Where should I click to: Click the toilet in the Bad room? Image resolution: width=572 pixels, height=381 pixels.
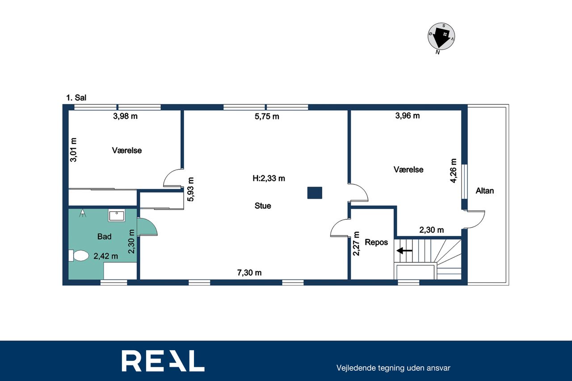click(x=78, y=255)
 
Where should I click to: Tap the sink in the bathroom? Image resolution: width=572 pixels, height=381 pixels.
click(x=117, y=215)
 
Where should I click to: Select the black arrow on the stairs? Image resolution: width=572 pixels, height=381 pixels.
click(x=404, y=251)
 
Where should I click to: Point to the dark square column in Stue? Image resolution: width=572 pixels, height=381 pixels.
click(x=315, y=193)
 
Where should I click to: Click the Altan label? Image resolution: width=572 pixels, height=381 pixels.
click(x=484, y=191)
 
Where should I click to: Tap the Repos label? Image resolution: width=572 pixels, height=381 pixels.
click(x=376, y=242)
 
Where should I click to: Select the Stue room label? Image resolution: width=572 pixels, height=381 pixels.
click(x=262, y=205)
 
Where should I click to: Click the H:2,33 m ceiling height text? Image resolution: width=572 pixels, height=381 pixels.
click(x=269, y=178)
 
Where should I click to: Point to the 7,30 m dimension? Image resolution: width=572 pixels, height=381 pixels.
click(x=249, y=273)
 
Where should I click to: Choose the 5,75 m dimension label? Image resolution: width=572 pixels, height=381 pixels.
click(x=267, y=117)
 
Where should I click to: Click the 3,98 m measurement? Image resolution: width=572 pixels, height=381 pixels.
click(x=126, y=117)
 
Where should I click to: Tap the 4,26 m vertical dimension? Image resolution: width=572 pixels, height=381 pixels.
click(x=453, y=171)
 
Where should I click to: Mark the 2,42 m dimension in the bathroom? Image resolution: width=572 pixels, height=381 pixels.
click(x=106, y=256)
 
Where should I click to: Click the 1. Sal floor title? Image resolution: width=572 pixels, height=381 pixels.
click(x=76, y=98)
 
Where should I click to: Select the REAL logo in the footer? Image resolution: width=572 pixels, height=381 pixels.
click(x=163, y=361)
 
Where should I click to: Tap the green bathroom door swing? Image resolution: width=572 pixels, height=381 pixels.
click(x=147, y=226)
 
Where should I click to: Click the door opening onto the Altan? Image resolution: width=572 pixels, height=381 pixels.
click(x=475, y=219)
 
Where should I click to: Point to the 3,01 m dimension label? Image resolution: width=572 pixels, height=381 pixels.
click(x=74, y=150)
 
